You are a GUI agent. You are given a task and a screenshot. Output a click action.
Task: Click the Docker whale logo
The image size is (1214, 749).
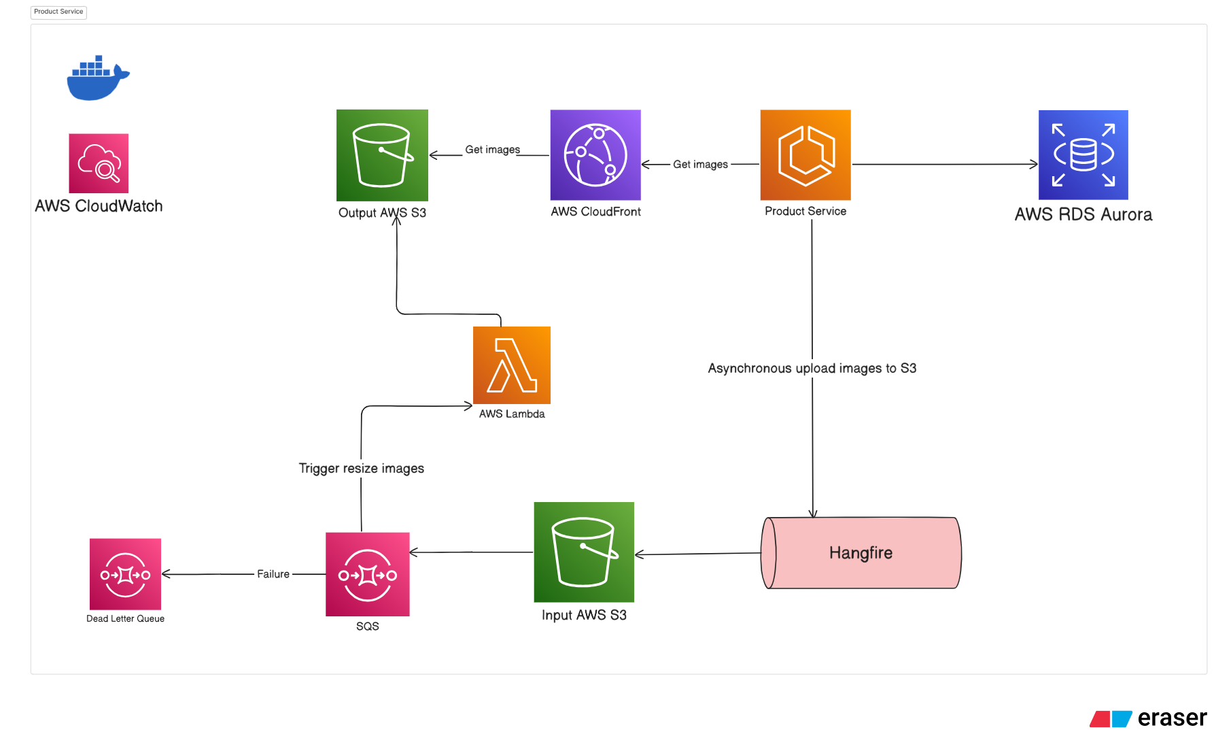(97, 79)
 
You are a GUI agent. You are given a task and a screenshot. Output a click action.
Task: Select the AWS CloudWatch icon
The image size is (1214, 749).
(99, 163)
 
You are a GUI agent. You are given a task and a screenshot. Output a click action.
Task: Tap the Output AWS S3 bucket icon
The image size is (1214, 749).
(382, 155)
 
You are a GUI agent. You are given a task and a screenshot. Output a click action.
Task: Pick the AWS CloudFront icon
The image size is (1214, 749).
(595, 155)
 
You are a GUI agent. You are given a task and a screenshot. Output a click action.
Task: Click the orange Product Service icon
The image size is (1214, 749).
(805, 155)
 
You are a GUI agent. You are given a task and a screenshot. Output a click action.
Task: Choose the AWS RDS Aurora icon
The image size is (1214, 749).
(1083, 155)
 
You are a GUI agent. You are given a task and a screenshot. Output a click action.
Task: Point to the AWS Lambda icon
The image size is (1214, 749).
(512, 365)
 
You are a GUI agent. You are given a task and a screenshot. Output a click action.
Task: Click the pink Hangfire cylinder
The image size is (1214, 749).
(861, 553)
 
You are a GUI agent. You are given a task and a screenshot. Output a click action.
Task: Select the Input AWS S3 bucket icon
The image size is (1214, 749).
(584, 552)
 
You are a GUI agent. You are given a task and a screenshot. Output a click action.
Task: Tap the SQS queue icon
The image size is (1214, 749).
(368, 574)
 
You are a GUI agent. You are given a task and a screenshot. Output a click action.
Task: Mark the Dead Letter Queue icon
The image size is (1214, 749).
(125, 574)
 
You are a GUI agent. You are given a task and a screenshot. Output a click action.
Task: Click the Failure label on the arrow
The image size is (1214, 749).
(273, 574)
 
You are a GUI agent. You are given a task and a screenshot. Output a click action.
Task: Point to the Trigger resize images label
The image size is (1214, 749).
(362, 469)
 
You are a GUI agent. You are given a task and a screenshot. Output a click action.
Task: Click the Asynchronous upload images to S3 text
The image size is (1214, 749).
(812, 369)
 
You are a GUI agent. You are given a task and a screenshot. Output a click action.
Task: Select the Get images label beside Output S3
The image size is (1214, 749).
(493, 150)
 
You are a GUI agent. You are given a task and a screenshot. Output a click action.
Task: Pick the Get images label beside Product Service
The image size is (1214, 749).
(700, 165)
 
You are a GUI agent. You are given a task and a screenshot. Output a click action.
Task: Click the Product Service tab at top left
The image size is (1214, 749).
(58, 12)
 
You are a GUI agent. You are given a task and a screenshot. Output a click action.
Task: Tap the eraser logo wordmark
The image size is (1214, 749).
(1172, 718)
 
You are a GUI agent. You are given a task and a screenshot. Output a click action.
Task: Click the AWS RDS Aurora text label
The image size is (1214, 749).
(1083, 215)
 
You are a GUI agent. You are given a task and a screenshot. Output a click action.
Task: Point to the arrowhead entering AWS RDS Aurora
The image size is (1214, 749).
(1034, 164)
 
